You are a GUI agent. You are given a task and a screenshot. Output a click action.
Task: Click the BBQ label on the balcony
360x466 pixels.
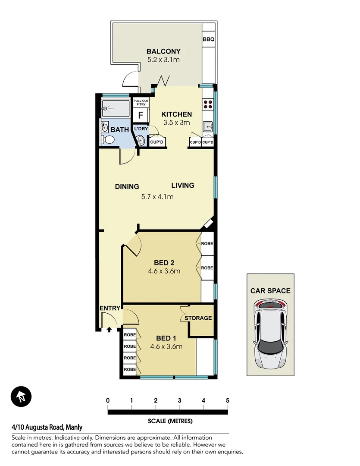[x=208, y=39]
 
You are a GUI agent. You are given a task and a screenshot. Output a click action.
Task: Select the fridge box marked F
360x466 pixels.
[x=140, y=116]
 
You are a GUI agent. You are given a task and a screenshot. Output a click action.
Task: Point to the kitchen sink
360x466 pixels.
[x=208, y=127]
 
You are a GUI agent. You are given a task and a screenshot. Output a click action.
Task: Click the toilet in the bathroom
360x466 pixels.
[x=108, y=139]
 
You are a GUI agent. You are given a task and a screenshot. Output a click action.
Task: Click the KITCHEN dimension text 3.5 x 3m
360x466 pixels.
[x=176, y=123]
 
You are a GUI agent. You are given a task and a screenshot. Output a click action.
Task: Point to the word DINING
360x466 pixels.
[x=127, y=187]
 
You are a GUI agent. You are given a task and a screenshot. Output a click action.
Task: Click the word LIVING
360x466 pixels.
[x=183, y=186]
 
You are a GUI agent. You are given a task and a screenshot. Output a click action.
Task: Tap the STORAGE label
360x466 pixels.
[x=198, y=318]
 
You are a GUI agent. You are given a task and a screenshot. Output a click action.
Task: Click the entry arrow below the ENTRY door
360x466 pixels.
[x=109, y=329]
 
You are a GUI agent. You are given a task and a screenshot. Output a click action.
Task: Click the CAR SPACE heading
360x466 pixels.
[x=270, y=291]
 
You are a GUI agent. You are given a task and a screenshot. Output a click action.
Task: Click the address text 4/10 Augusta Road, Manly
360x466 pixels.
[x=47, y=428]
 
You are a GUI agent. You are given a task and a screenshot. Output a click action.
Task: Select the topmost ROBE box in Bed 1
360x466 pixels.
[x=129, y=335]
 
